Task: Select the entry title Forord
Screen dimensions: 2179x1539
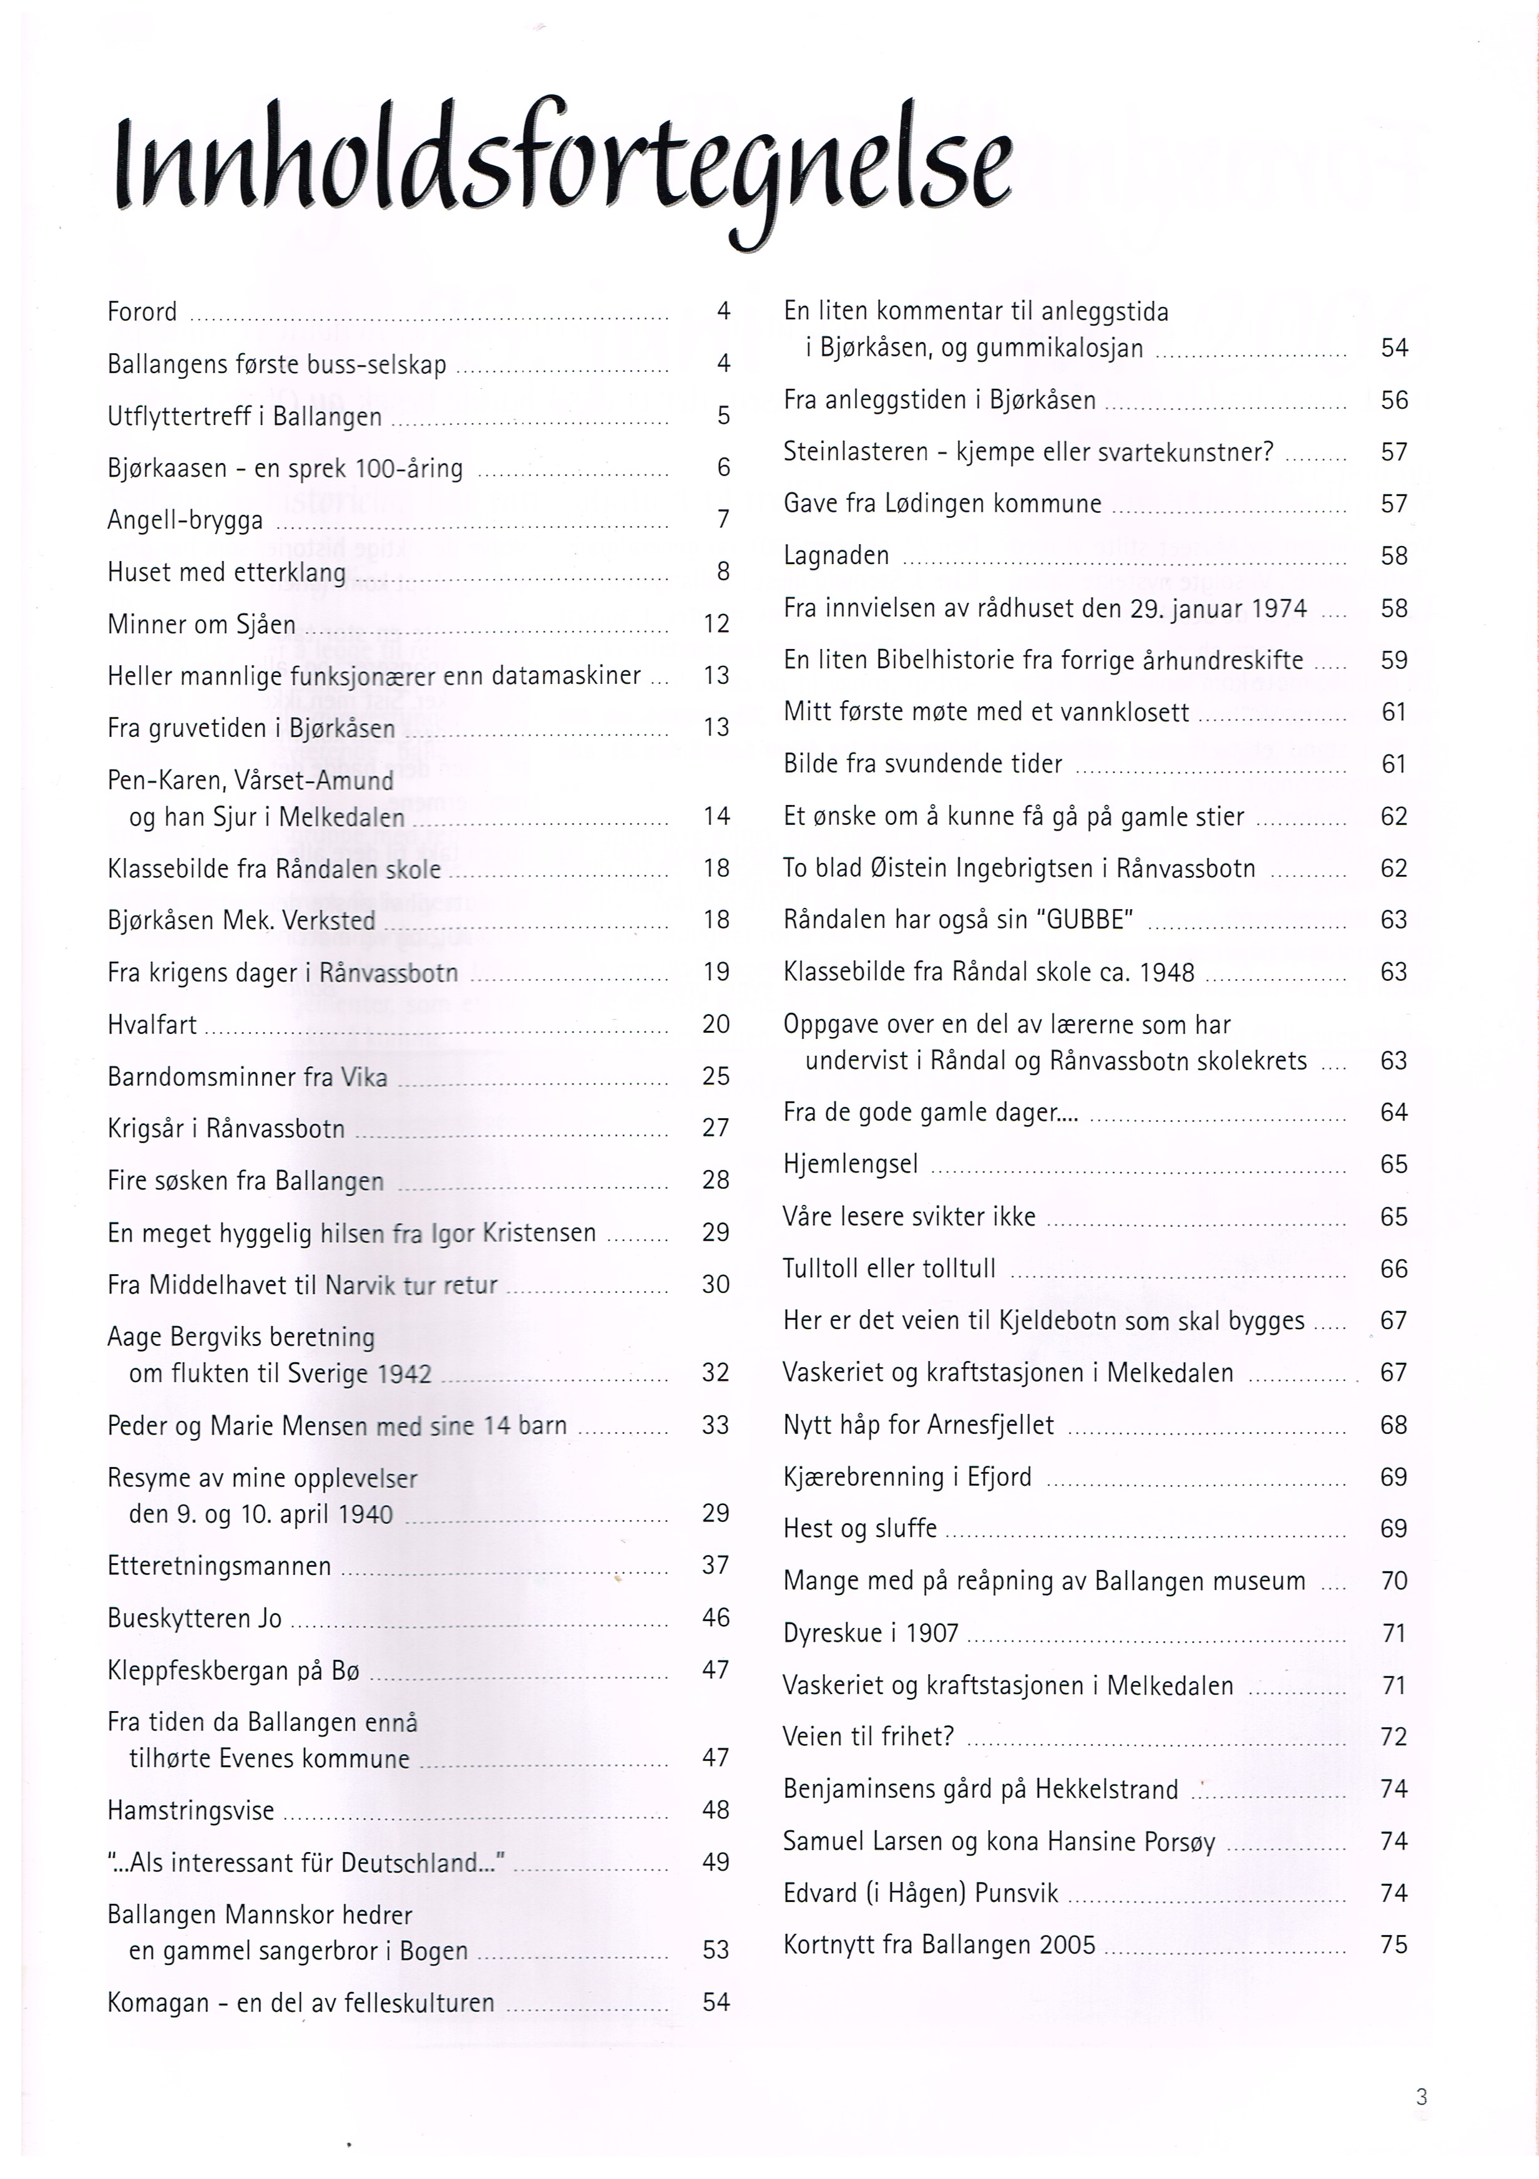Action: click(x=142, y=312)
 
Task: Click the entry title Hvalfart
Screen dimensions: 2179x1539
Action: click(x=152, y=1025)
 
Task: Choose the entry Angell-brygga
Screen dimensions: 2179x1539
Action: click(x=185, y=520)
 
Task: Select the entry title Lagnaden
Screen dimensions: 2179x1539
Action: click(x=836, y=555)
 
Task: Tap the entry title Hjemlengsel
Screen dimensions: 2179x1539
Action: click(x=851, y=1164)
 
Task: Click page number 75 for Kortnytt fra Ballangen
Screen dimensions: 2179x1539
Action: click(x=1394, y=1944)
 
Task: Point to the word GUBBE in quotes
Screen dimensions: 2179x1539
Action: click(x=1084, y=920)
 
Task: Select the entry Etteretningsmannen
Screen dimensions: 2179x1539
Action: click(x=219, y=1566)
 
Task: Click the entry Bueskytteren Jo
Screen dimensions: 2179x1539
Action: click(x=195, y=1618)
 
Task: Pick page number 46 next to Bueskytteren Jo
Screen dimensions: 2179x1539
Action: click(x=716, y=1617)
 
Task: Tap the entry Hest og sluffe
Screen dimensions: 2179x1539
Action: click(x=860, y=1529)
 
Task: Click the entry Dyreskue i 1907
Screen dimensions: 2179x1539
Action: click(x=871, y=1633)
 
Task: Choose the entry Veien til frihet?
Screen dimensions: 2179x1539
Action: click(x=867, y=1737)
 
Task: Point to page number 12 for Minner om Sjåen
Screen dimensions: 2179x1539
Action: click(x=716, y=623)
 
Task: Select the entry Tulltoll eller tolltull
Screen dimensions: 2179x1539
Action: click(x=889, y=1269)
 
